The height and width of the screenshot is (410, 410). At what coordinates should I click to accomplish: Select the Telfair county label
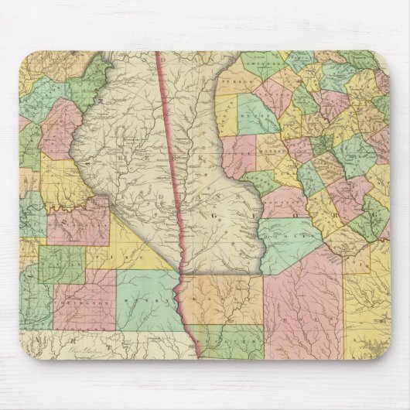tap(360, 256)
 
